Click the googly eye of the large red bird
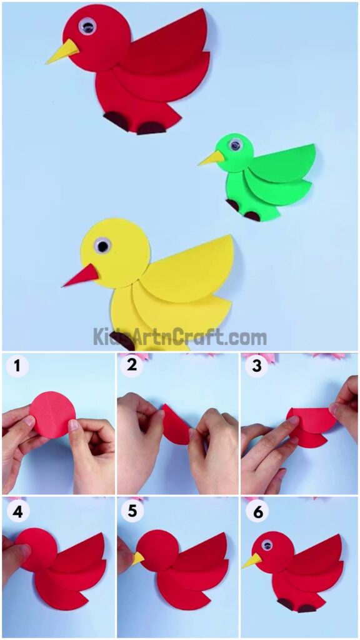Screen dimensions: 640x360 click(x=87, y=26)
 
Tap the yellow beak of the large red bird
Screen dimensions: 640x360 click(x=63, y=52)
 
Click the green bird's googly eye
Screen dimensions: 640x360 click(x=235, y=145)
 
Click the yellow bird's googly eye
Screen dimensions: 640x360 click(x=102, y=246)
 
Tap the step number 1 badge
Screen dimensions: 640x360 click(x=15, y=367)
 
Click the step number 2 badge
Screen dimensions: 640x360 click(x=132, y=367)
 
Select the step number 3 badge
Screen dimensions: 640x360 click(x=256, y=367)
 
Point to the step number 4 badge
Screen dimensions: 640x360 click(x=15, y=511)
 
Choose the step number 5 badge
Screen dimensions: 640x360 click(x=132, y=511)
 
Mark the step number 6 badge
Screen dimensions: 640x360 click(x=256, y=511)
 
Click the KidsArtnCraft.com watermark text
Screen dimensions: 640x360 click(x=180, y=337)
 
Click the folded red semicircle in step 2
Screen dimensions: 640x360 click(x=176, y=425)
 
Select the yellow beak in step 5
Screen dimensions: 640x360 click(x=137, y=558)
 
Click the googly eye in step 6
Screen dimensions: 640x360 click(x=267, y=544)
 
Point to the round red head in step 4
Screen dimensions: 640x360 click(x=36, y=550)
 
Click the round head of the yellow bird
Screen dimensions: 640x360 click(x=115, y=253)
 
